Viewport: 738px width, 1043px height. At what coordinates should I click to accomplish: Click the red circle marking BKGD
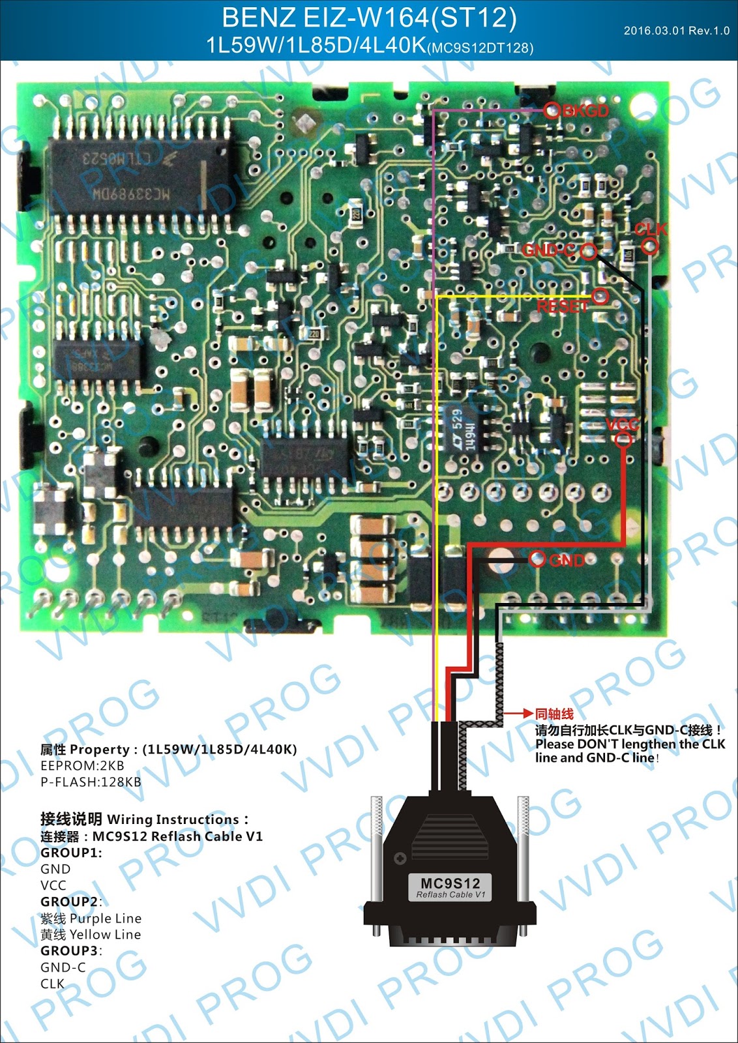pyautogui.click(x=552, y=110)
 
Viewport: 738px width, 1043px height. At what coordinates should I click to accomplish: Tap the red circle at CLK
pyautogui.click(x=649, y=246)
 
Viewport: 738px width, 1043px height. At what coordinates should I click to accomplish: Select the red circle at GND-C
pyautogui.click(x=588, y=251)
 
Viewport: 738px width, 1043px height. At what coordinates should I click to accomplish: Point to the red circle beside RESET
pyautogui.click(x=600, y=297)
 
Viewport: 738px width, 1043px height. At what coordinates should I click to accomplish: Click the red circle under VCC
pyautogui.click(x=624, y=440)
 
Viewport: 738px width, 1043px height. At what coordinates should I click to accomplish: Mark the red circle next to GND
pyautogui.click(x=537, y=559)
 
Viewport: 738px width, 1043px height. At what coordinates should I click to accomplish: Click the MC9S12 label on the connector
pyautogui.click(x=450, y=884)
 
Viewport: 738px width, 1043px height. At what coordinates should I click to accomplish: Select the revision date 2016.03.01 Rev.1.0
pyautogui.click(x=676, y=31)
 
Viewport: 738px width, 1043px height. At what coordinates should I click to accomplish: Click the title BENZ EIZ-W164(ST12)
pyautogui.click(x=369, y=18)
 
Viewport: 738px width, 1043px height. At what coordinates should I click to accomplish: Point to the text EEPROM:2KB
pyautogui.click(x=82, y=766)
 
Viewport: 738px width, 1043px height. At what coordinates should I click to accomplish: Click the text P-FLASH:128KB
pyautogui.click(x=91, y=782)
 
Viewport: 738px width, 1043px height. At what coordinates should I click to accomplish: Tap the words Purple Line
pyautogui.click(x=105, y=918)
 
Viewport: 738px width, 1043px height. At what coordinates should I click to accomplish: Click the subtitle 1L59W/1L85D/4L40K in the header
pyautogui.click(x=316, y=46)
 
